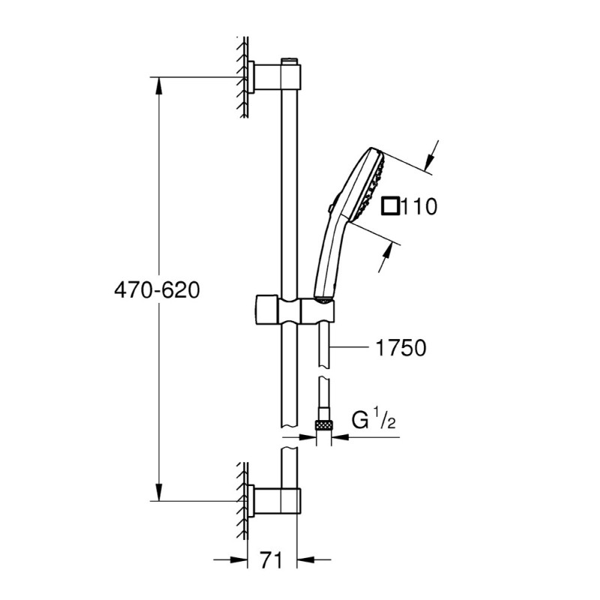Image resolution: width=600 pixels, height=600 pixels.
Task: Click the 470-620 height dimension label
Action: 157,290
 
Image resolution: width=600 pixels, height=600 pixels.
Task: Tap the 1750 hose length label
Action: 400,348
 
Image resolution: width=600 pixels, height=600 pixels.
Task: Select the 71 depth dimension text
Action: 272,559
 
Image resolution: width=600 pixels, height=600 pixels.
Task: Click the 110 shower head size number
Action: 418,205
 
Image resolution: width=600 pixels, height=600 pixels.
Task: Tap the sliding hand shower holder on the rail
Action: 292,309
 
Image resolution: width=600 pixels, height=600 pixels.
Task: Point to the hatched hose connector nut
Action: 324,425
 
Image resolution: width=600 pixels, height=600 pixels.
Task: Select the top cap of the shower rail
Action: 289,59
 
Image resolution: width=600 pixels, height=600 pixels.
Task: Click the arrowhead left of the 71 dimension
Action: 241,559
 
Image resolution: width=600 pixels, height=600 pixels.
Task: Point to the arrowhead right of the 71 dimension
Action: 306,559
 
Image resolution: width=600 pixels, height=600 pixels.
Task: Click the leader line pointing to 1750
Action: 352,348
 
